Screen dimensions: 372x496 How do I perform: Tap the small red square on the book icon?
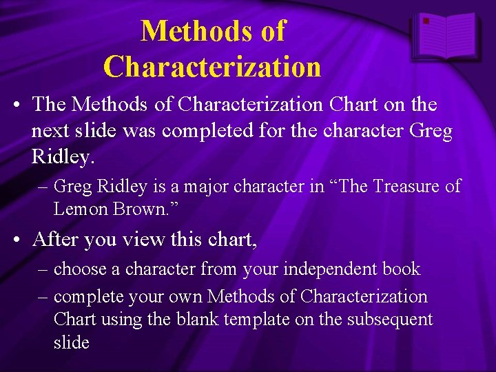(x=426, y=21)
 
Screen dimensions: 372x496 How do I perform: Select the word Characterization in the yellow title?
(x=212, y=67)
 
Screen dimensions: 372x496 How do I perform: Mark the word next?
(x=52, y=131)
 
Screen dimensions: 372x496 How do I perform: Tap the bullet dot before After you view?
(x=17, y=240)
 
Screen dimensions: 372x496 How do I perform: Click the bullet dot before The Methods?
(x=17, y=105)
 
